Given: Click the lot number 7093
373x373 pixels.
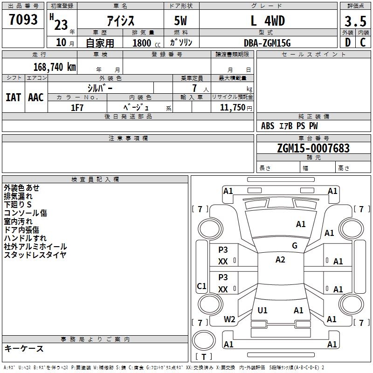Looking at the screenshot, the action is coord(23,20).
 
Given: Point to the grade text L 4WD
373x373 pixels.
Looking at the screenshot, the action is coord(268,21).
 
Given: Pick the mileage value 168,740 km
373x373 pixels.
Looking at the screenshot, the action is coord(55,67).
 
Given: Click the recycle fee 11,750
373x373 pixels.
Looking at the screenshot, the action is coord(232,108).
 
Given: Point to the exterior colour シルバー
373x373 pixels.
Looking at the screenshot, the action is coord(100,88).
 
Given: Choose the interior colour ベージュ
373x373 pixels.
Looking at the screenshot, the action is coord(136,108).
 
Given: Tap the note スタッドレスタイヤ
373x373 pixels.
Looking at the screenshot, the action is coord(35,255).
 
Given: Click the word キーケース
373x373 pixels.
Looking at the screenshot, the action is coord(24,349).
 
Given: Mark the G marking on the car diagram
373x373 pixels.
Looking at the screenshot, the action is coord(294,246).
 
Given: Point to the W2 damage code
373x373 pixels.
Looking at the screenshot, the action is coord(229,319).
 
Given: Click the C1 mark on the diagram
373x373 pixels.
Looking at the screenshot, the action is coord(201,286).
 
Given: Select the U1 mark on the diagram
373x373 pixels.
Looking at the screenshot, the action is coord(262,310).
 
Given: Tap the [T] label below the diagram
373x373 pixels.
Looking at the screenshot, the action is coord(203,357).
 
